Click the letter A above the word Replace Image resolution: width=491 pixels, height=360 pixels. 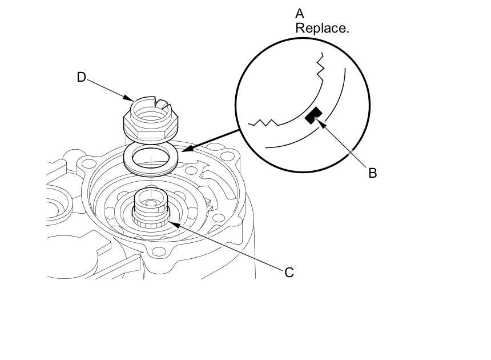[300, 13]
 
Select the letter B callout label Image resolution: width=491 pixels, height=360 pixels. [372, 173]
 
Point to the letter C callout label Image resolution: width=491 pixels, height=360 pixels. [289, 273]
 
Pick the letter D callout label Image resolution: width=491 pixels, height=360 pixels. [81, 77]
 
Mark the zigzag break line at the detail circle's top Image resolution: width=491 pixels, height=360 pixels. [321, 66]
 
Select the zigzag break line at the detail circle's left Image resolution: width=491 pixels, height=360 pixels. [264, 122]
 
